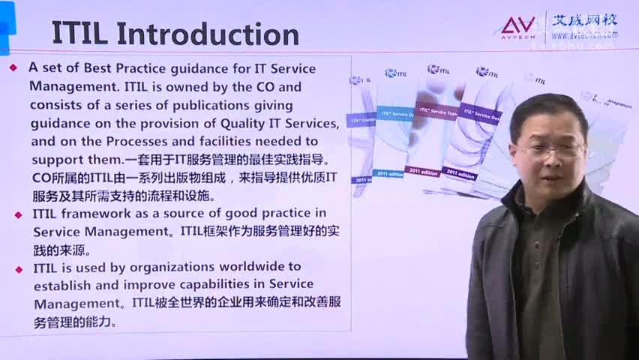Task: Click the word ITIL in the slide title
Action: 79,34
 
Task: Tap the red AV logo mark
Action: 518,26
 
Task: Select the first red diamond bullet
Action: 13,67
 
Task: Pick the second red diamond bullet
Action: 18,214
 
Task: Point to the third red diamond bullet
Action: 18,268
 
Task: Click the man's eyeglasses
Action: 551,150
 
